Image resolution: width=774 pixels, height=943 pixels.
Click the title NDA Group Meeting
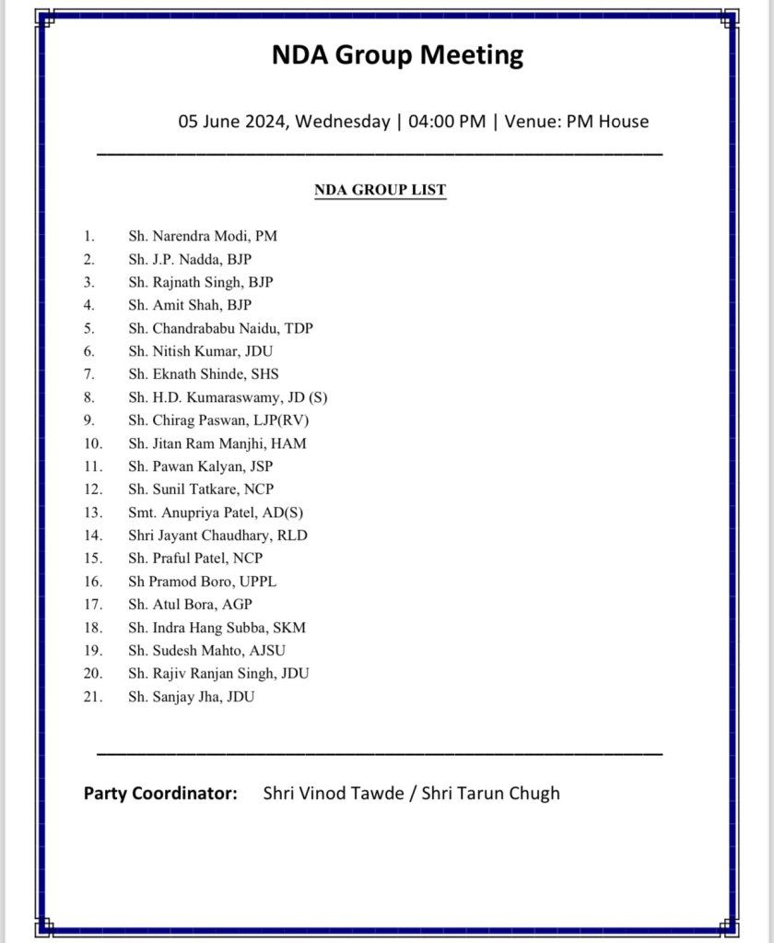click(x=397, y=55)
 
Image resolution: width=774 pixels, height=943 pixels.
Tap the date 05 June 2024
click(x=232, y=122)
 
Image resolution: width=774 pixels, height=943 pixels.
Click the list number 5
click(x=88, y=328)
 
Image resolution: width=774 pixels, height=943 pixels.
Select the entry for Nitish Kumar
click(x=200, y=351)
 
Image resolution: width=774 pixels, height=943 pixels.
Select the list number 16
click(x=90, y=582)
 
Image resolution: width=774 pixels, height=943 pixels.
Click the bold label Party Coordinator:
click(x=160, y=793)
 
